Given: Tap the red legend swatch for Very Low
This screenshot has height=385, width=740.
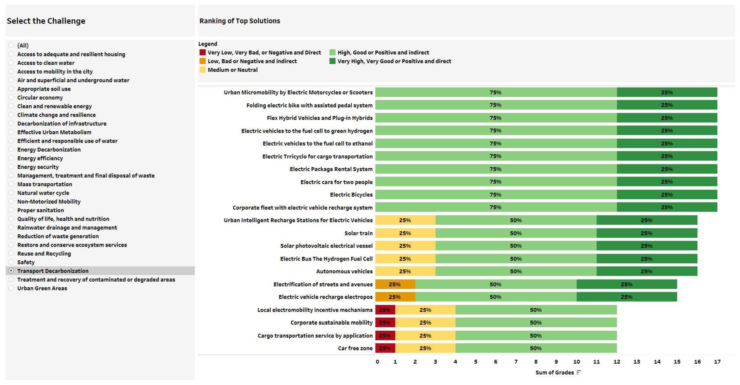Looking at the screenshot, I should [x=202, y=52].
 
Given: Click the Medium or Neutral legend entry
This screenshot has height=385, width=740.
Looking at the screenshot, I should [x=232, y=70].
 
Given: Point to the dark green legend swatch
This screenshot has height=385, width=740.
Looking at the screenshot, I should [x=332, y=61].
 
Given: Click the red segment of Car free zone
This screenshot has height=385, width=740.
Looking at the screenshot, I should [x=385, y=348].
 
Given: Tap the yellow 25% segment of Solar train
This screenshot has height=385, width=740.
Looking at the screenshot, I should [x=405, y=233].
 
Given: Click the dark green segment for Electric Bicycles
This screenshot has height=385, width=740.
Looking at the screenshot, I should [x=667, y=195].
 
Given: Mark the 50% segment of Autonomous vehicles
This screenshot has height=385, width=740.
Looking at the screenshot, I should [x=516, y=271].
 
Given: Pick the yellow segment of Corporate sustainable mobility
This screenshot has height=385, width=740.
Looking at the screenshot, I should [x=425, y=323].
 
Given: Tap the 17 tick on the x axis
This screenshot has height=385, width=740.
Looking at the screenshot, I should [x=717, y=362].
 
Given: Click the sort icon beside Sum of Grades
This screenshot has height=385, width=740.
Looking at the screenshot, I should [x=579, y=372].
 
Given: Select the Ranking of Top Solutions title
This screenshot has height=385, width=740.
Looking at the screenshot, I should [x=240, y=21].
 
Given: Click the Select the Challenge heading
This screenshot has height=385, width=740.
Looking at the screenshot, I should [x=46, y=21].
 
